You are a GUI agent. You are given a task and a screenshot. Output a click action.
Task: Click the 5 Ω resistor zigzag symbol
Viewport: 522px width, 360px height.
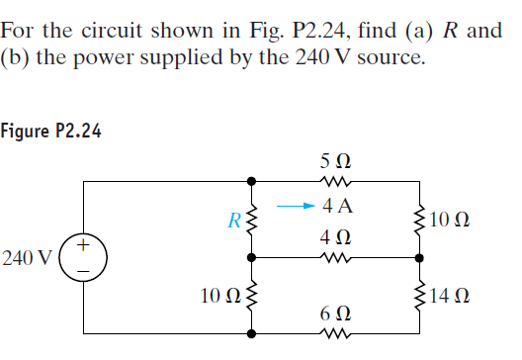pyautogui.click(x=336, y=181)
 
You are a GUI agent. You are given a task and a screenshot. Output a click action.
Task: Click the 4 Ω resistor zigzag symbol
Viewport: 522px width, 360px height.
pyautogui.click(x=336, y=259)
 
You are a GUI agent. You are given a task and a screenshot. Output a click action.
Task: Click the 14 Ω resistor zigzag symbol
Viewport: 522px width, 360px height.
pyautogui.click(x=422, y=295)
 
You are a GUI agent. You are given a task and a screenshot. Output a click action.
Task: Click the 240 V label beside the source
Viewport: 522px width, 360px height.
pyautogui.click(x=27, y=258)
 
